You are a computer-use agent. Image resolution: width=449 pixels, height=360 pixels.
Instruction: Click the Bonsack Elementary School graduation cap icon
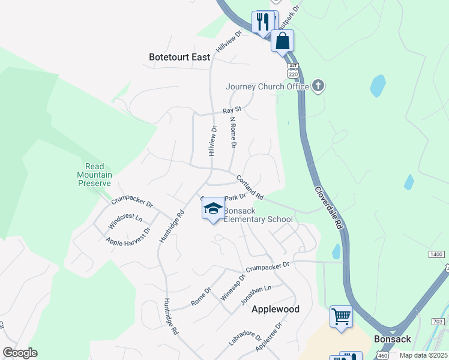click(212, 209)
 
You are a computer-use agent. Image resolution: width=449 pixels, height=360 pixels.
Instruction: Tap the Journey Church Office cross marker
click(318, 86)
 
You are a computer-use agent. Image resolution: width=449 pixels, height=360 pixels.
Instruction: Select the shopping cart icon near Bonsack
click(341, 316)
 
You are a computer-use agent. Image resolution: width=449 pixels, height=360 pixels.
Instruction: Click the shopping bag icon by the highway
click(282, 41)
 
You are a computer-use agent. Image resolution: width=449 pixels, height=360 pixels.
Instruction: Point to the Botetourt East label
click(179, 58)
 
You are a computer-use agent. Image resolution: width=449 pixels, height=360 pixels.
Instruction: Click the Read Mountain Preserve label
click(95, 175)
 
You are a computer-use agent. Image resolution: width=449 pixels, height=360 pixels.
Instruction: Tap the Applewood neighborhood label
click(275, 309)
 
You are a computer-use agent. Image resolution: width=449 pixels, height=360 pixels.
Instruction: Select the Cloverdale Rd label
click(329, 207)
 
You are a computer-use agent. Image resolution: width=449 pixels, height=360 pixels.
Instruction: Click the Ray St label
click(232, 110)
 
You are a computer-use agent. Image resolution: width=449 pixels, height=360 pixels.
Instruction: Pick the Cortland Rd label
click(250, 187)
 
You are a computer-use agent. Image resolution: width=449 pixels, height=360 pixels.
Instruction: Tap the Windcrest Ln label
click(125, 221)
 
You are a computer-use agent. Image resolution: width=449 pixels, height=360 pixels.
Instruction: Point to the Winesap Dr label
click(234, 287)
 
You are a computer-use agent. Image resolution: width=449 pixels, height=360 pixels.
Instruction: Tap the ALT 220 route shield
click(293, 71)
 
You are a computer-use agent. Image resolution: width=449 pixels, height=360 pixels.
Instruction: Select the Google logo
click(20, 353)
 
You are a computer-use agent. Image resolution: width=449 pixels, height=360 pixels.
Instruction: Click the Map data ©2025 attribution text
click(424, 355)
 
